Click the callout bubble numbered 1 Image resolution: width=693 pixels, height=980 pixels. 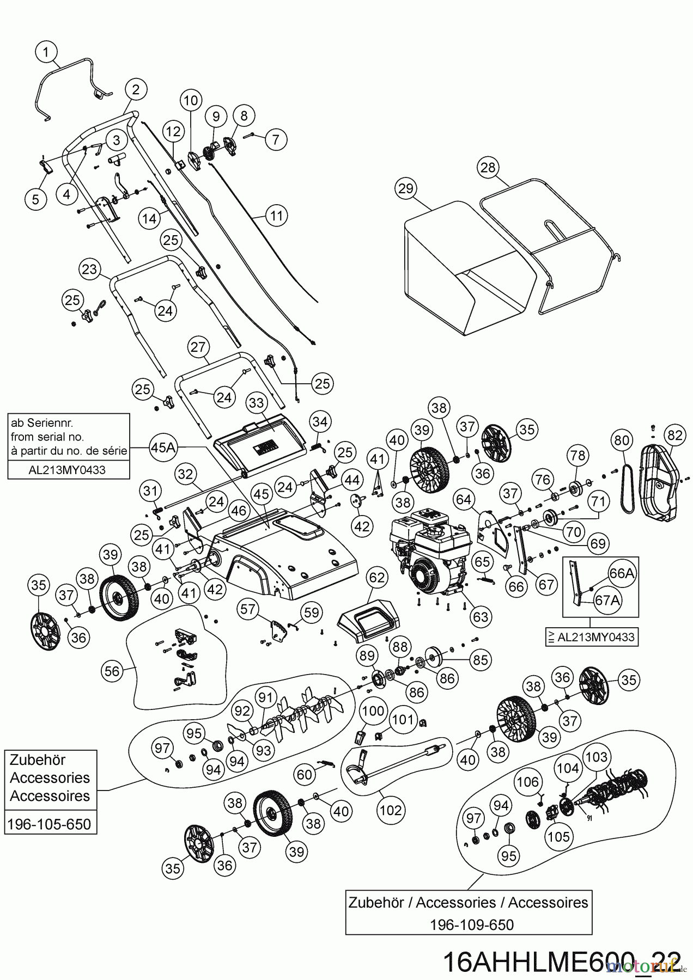(46, 52)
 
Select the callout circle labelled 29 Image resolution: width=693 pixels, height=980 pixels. (406, 189)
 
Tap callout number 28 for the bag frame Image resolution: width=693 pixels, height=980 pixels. (488, 168)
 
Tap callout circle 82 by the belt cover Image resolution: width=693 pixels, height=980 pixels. (674, 434)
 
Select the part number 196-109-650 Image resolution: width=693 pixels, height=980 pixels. (471, 924)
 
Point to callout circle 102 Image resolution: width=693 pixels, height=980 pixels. (391, 810)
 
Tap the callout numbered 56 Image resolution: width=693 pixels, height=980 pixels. (112, 671)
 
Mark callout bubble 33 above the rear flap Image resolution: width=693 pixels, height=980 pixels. (256, 403)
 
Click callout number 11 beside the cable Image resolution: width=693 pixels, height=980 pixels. (277, 216)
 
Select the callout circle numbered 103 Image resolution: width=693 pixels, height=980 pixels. (596, 756)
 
